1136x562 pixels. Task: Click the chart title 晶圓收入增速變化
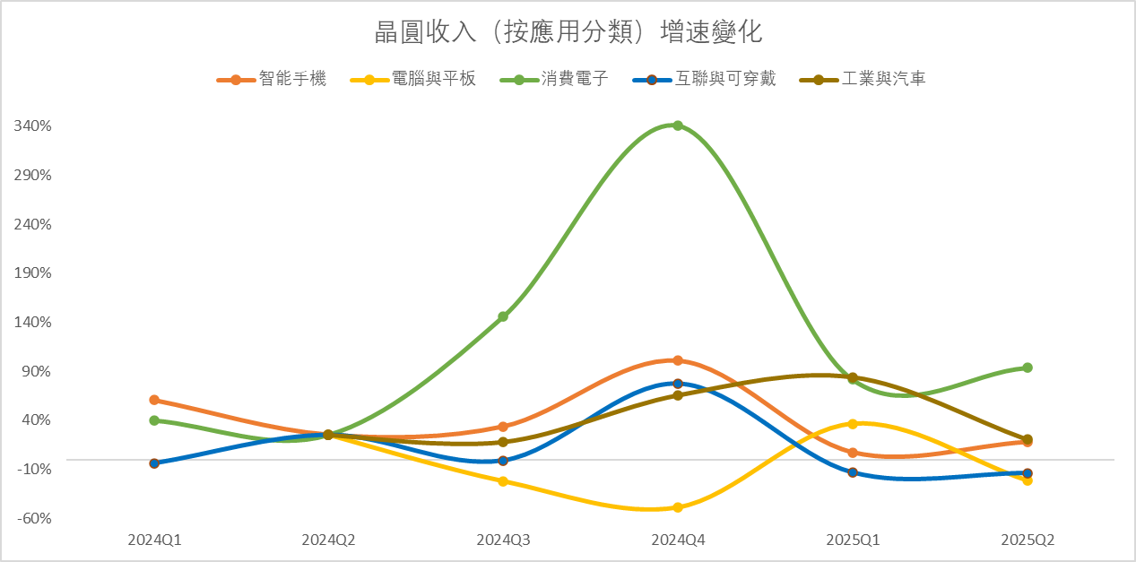(568, 33)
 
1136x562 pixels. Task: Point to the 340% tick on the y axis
(34, 125)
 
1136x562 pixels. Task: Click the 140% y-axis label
(34, 322)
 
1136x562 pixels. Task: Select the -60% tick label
(34, 518)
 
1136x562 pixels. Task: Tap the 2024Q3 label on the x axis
(503, 540)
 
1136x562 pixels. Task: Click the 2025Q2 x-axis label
(1028, 540)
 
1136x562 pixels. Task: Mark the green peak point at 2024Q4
(678, 125)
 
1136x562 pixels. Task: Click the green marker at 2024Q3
(503, 316)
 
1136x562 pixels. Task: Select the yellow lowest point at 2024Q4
(678, 507)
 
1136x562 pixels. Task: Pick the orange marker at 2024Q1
(154, 400)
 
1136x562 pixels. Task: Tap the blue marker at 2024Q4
(678, 384)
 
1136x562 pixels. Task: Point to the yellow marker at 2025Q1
(853, 424)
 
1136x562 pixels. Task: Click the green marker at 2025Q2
(1028, 367)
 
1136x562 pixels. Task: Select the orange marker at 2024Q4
(678, 360)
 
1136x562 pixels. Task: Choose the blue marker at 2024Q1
(154, 463)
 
